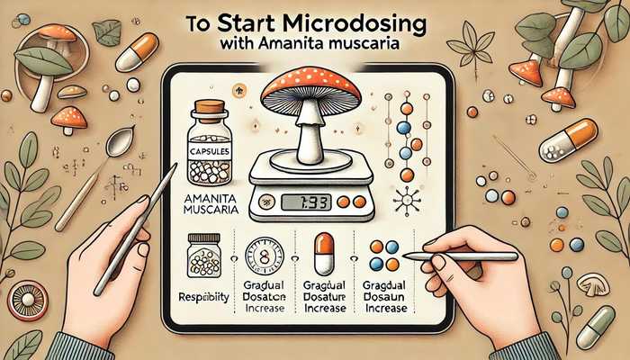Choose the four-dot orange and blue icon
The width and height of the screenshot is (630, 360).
(x=388, y=256)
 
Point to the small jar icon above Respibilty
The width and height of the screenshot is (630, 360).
(x=205, y=256)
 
